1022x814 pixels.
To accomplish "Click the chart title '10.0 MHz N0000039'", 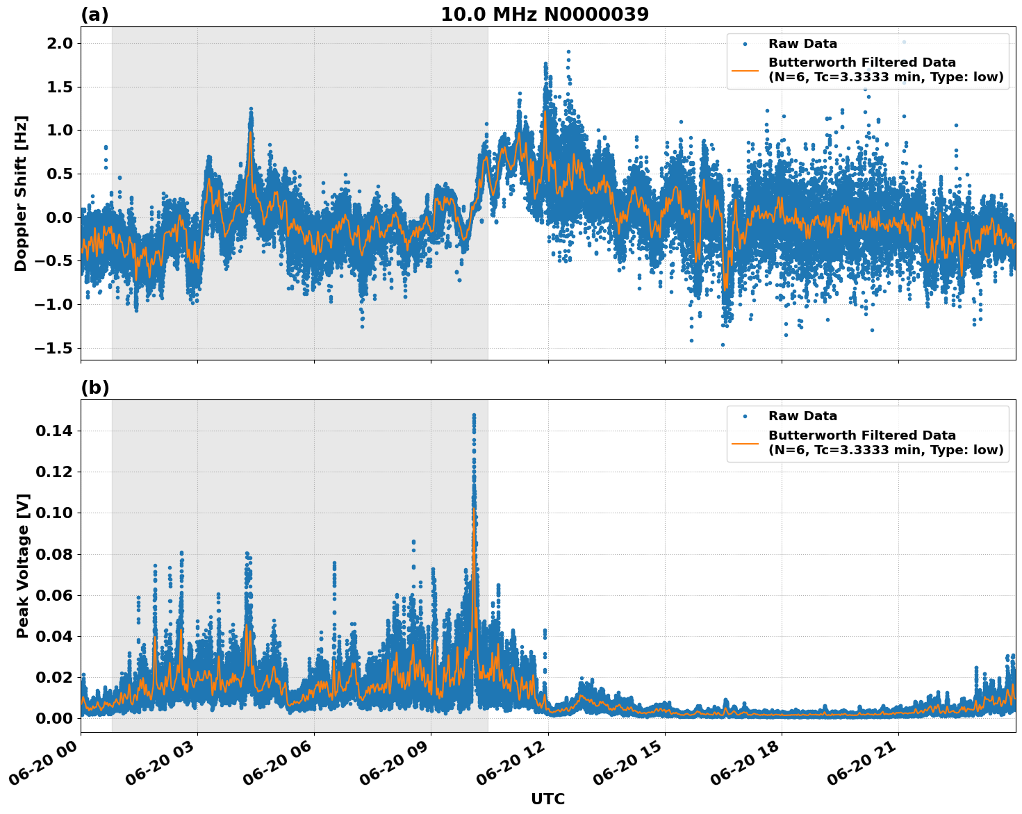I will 544,15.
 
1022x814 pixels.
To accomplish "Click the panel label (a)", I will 94,15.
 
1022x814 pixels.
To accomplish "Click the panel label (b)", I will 94,388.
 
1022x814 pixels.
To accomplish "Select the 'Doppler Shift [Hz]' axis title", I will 22,193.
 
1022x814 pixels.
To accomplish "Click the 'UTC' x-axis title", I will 547,799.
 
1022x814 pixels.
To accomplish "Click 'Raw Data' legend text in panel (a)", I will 802,44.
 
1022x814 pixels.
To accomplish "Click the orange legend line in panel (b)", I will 745,442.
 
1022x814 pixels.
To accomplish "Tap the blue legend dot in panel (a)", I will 745,44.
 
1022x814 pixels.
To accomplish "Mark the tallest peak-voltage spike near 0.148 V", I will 474,415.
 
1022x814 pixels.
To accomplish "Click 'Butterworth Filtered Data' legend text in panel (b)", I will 862,435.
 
